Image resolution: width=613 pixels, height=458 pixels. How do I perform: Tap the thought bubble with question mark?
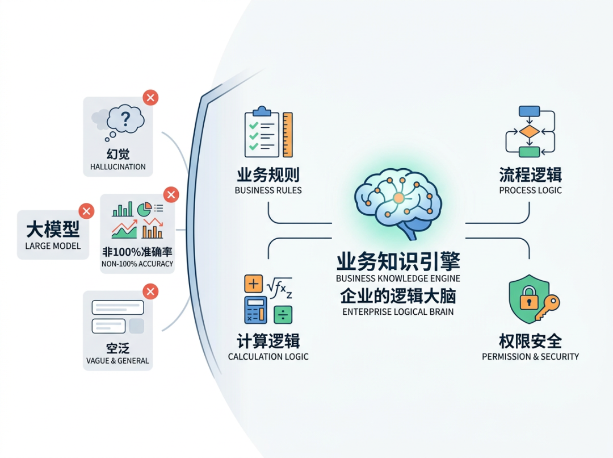coord(124,121)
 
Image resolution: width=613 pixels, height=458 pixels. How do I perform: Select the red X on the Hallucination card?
coord(150,97)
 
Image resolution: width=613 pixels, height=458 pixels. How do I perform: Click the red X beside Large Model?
coord(86,211)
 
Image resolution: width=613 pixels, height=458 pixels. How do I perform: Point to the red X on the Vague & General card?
coord(150,292)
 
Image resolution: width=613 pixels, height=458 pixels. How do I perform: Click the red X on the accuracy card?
coord(170,195)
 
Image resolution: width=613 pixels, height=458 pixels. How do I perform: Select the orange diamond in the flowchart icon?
coord(529,131)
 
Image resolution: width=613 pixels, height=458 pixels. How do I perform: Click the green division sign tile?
coord(283,314)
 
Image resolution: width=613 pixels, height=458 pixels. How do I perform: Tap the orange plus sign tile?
coord(253,284)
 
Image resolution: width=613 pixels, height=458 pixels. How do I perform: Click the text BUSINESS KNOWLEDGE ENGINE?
coord(398,278)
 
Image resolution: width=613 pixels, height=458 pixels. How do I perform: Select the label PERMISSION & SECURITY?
coord(530,357)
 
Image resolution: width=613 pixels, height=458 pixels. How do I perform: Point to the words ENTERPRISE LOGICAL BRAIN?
coord(398,312)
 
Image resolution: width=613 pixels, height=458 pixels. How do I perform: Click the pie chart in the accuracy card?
coord(145,208)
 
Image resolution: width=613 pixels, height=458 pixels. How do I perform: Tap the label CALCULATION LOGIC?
coord(268,357)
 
